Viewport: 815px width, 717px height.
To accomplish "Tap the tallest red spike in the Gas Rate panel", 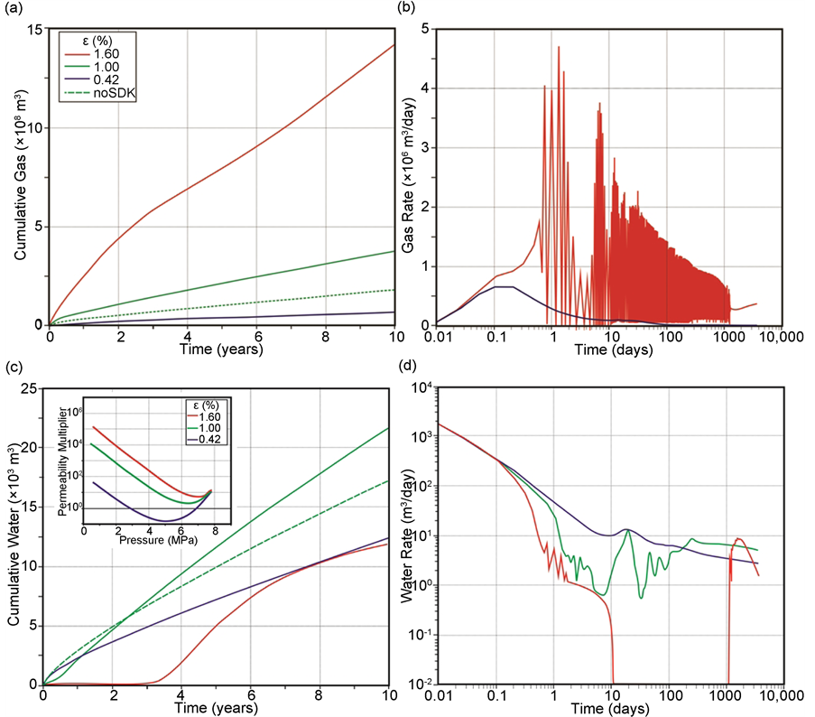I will click(x=559, y=47).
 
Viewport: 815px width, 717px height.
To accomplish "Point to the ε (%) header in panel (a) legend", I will click(x=90, y=41).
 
